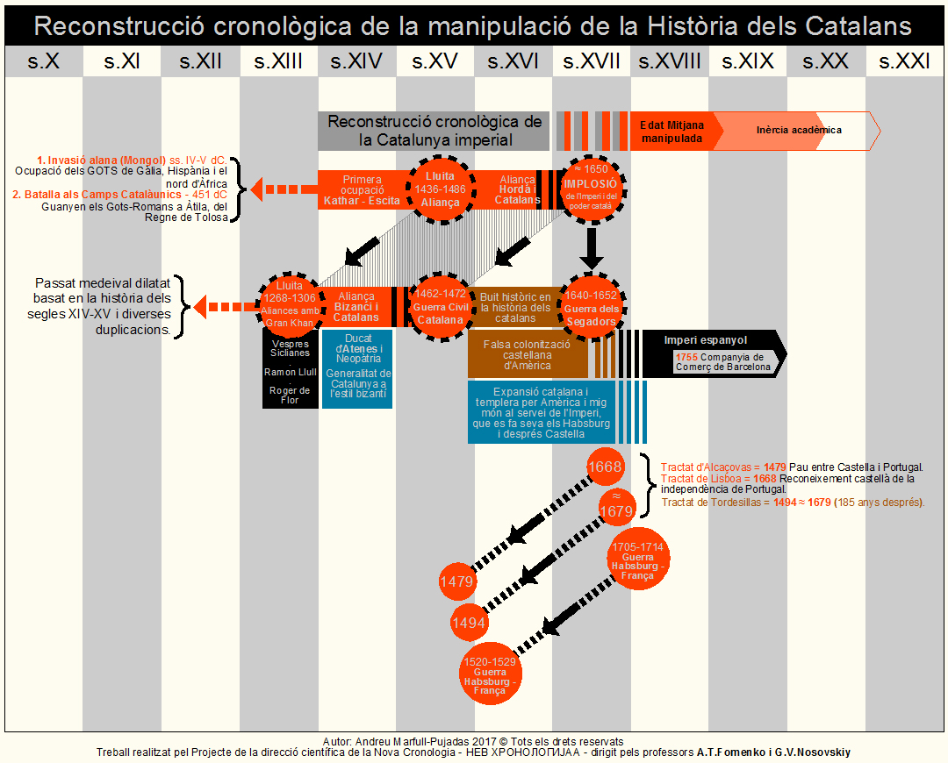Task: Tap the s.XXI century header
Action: coord(903,61)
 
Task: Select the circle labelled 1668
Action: coord(606,467)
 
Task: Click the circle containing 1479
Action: coord(456,581)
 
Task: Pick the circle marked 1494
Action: coord(469,623)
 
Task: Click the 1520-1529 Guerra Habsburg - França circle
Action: coord(490,673)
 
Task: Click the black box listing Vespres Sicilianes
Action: coord(291,369)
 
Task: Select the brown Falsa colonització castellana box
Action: coord(528,353)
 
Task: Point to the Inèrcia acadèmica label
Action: coord(799,131)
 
